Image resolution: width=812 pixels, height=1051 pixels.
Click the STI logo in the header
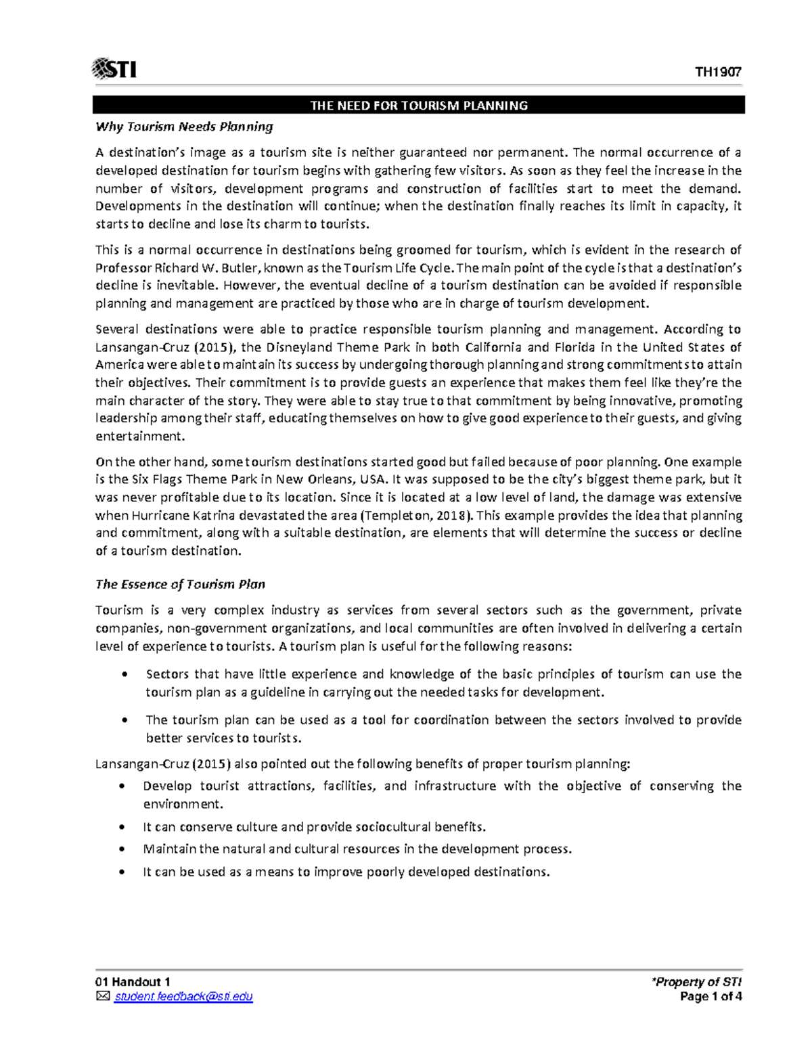(114, 69)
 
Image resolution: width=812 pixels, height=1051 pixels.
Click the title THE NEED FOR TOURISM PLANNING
(419, 106)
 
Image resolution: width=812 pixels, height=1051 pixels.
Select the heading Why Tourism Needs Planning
(184, 127)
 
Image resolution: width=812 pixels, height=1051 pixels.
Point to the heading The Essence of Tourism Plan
(180, 584)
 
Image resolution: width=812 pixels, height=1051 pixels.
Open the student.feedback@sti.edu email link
(183, 996)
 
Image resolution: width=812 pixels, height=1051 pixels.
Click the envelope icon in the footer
(102, 996)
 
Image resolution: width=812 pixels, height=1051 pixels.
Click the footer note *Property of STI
(697, 982)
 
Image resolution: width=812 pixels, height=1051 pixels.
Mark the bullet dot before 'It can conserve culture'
(122, 827)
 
